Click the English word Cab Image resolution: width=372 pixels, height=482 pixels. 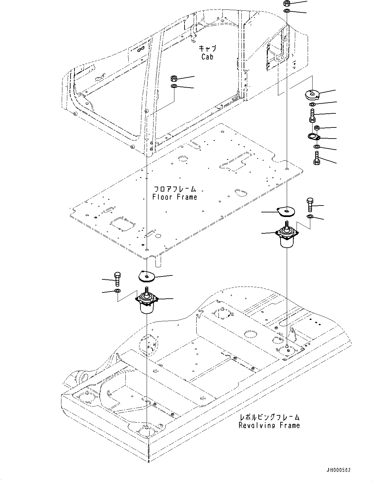(207, 57)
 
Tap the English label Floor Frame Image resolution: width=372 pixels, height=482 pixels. (175, 197)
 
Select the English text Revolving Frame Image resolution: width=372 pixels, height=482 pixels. (269, 425)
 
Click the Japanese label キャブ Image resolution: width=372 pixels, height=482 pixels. (207, 48)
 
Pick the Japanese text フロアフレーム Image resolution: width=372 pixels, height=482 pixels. (175, 189)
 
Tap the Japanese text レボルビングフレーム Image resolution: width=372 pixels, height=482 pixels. (269, 417)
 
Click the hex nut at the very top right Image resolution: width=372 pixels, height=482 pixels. (286, 4)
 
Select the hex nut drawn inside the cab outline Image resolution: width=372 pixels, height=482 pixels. (174, 78)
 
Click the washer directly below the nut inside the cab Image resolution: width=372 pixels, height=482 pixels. (174, 86)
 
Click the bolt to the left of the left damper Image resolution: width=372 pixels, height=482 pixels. (118, 279)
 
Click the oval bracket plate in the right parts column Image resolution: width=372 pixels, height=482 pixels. (315, 137)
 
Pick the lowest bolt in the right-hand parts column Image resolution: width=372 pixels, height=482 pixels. (316, 158)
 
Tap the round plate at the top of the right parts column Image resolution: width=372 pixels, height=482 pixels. (312, 94)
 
